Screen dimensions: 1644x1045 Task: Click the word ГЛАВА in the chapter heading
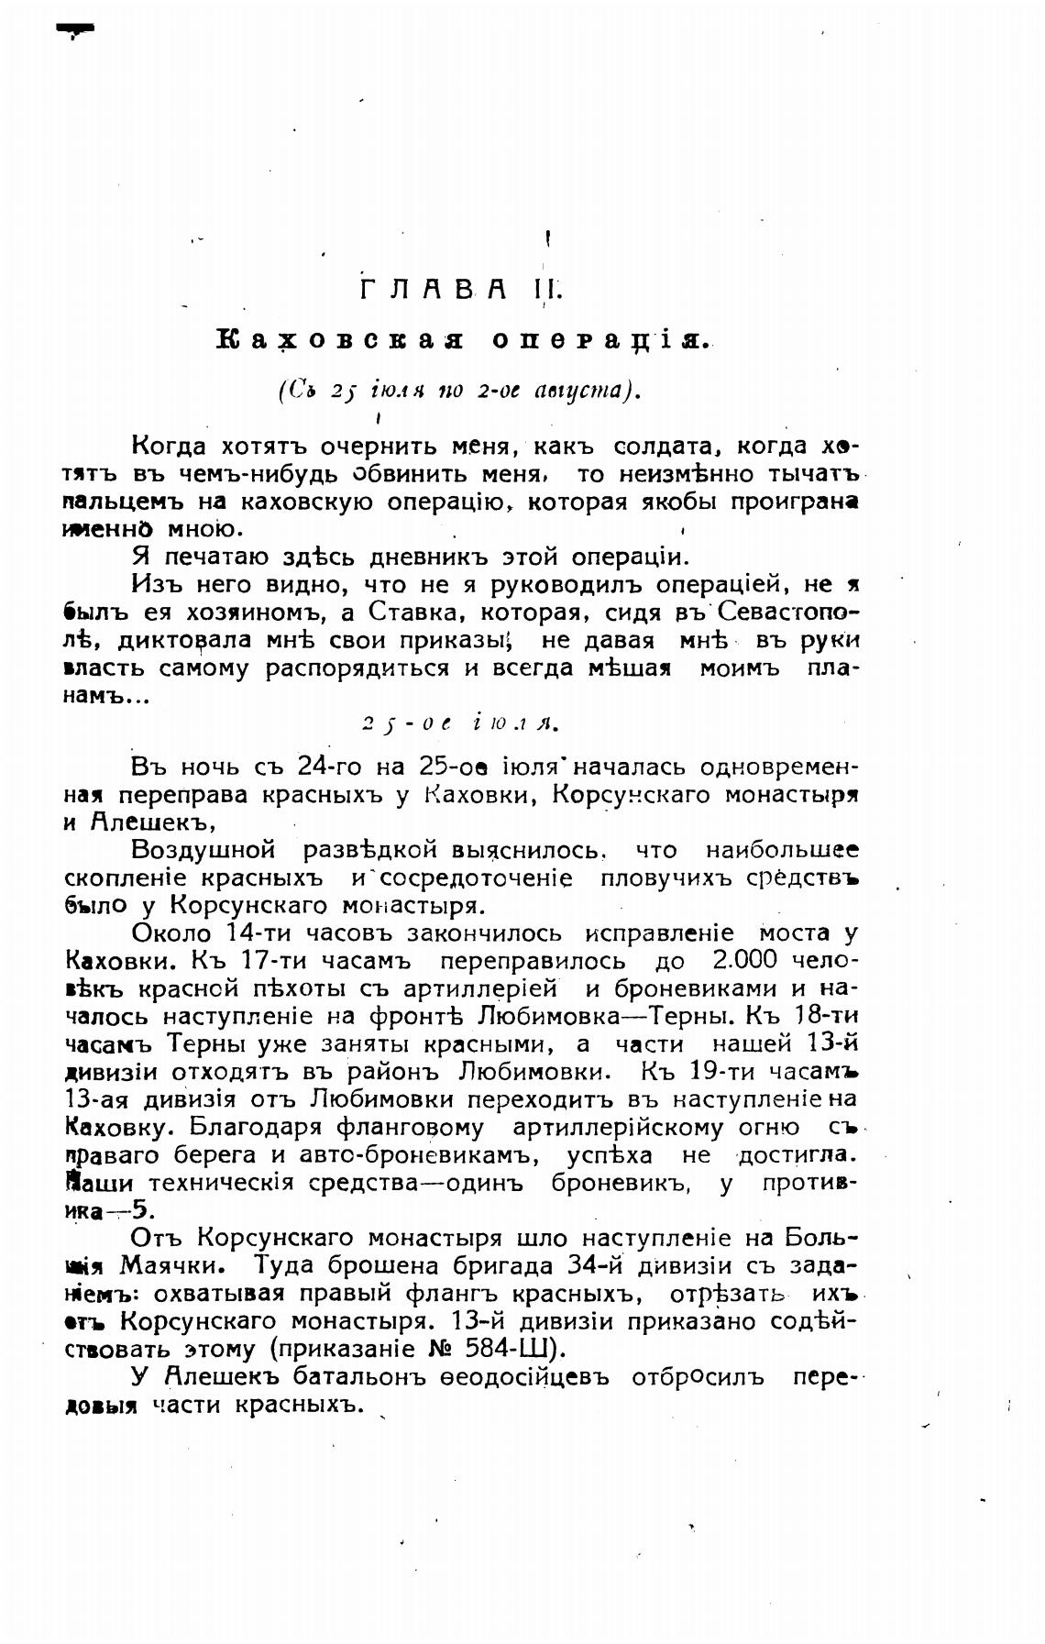pos(434,291)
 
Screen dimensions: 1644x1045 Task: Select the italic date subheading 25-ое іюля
pos(459,723)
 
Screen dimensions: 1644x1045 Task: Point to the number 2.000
pos(743,960)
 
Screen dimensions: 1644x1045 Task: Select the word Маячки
pos(170,1266)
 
